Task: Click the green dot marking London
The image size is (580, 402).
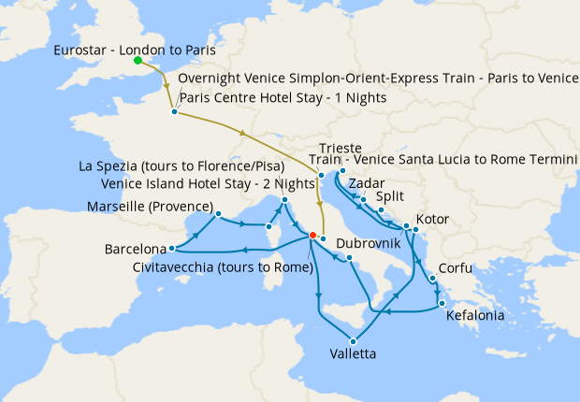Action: coord(138,61)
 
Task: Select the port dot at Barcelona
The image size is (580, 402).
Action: coord(172,249)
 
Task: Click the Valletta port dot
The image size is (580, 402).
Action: coord(353,340)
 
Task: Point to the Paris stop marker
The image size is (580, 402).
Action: coord(174,112)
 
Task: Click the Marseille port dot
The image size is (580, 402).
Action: coord(218,214)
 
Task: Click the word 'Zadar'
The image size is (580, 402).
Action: coord(365,184)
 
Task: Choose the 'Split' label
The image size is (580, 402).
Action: coord(390,197)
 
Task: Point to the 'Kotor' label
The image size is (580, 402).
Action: coord(433,220)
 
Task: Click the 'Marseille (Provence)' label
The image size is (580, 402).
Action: coord(150,206)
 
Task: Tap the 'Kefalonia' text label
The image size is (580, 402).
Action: coord(475,316)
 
